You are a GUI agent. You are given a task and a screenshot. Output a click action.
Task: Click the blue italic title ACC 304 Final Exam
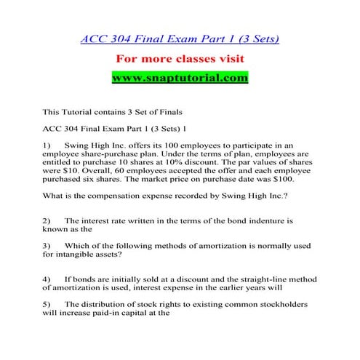[x=180, y=39]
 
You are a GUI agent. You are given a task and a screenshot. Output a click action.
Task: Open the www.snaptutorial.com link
[x=180, y=76]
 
